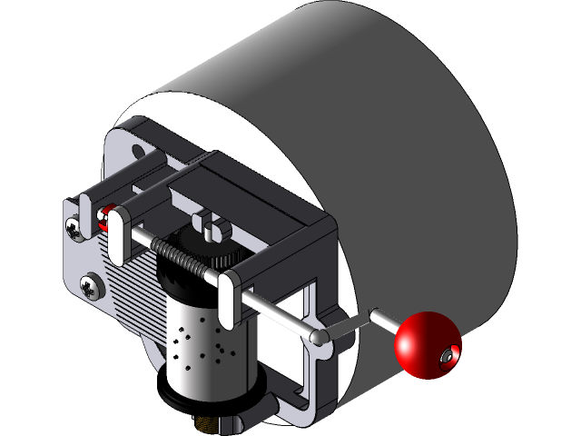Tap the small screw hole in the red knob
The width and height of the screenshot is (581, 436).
[x=446, y=359]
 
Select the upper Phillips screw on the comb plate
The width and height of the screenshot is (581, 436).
[x=74, y=224]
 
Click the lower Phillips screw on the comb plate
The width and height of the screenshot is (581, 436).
[x=91, y=286]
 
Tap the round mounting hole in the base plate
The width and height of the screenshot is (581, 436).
[x=138, y=151]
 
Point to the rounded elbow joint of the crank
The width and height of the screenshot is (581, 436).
[x=318, y=337]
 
